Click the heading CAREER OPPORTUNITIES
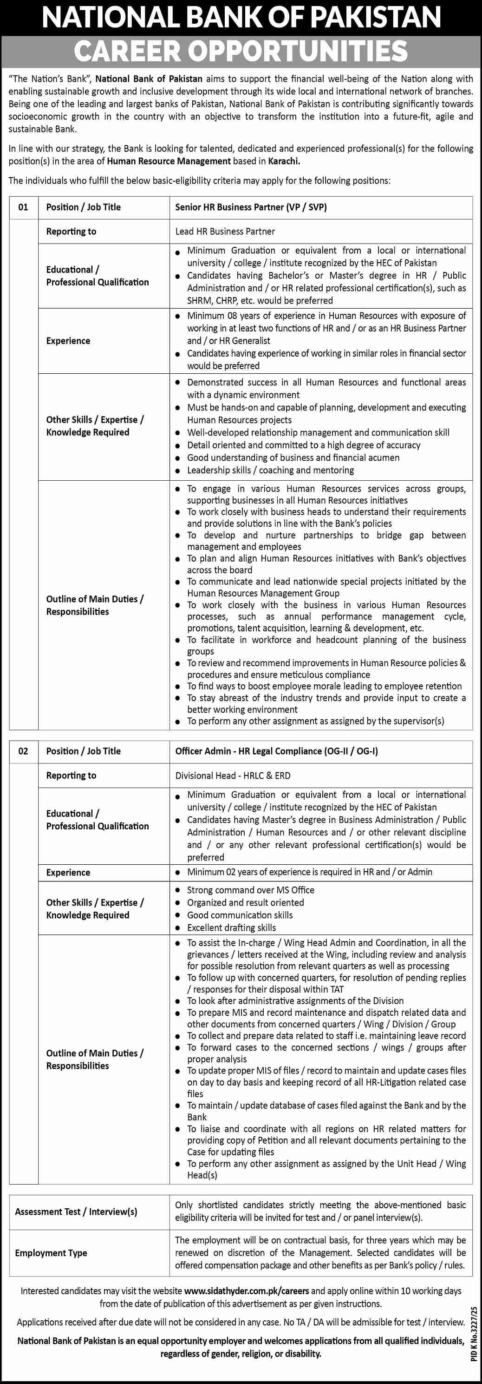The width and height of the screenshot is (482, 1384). tap(241, 51)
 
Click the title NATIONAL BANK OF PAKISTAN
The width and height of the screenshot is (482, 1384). tap(241, 17)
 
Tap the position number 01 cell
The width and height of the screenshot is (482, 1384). tap(24, 207)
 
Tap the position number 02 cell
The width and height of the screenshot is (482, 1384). tap(24, 751)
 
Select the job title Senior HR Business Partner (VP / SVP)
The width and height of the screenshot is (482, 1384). tap(251, 207)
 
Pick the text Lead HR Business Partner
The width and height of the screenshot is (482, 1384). tap(225, 232)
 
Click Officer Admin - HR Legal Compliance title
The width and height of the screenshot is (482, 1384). tap(276, 751)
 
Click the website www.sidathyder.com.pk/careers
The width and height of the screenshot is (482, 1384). tap(247, 1291)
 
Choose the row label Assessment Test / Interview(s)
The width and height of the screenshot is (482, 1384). tap(76, 1212)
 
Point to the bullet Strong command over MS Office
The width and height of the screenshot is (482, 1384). tap(250, 890)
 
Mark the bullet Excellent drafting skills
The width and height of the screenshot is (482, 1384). tap(231, 928)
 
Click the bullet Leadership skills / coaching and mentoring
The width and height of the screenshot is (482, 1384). tap(270, 470)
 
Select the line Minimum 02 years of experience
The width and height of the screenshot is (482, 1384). tap(309, 872)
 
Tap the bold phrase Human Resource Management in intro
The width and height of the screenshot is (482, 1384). tap(169, 161)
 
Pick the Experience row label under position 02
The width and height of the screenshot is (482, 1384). tap(68, 873)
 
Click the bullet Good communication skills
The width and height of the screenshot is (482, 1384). tap(240, 915)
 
